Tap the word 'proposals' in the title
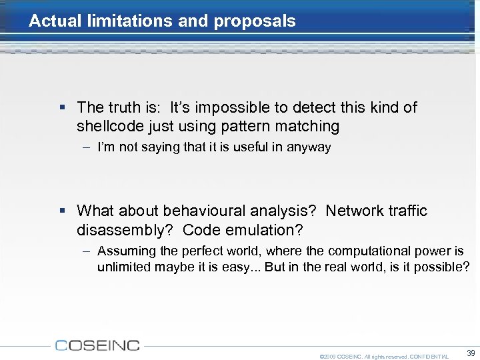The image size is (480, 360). tap(254, 21)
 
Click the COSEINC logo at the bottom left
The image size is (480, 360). tap(97, 345)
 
